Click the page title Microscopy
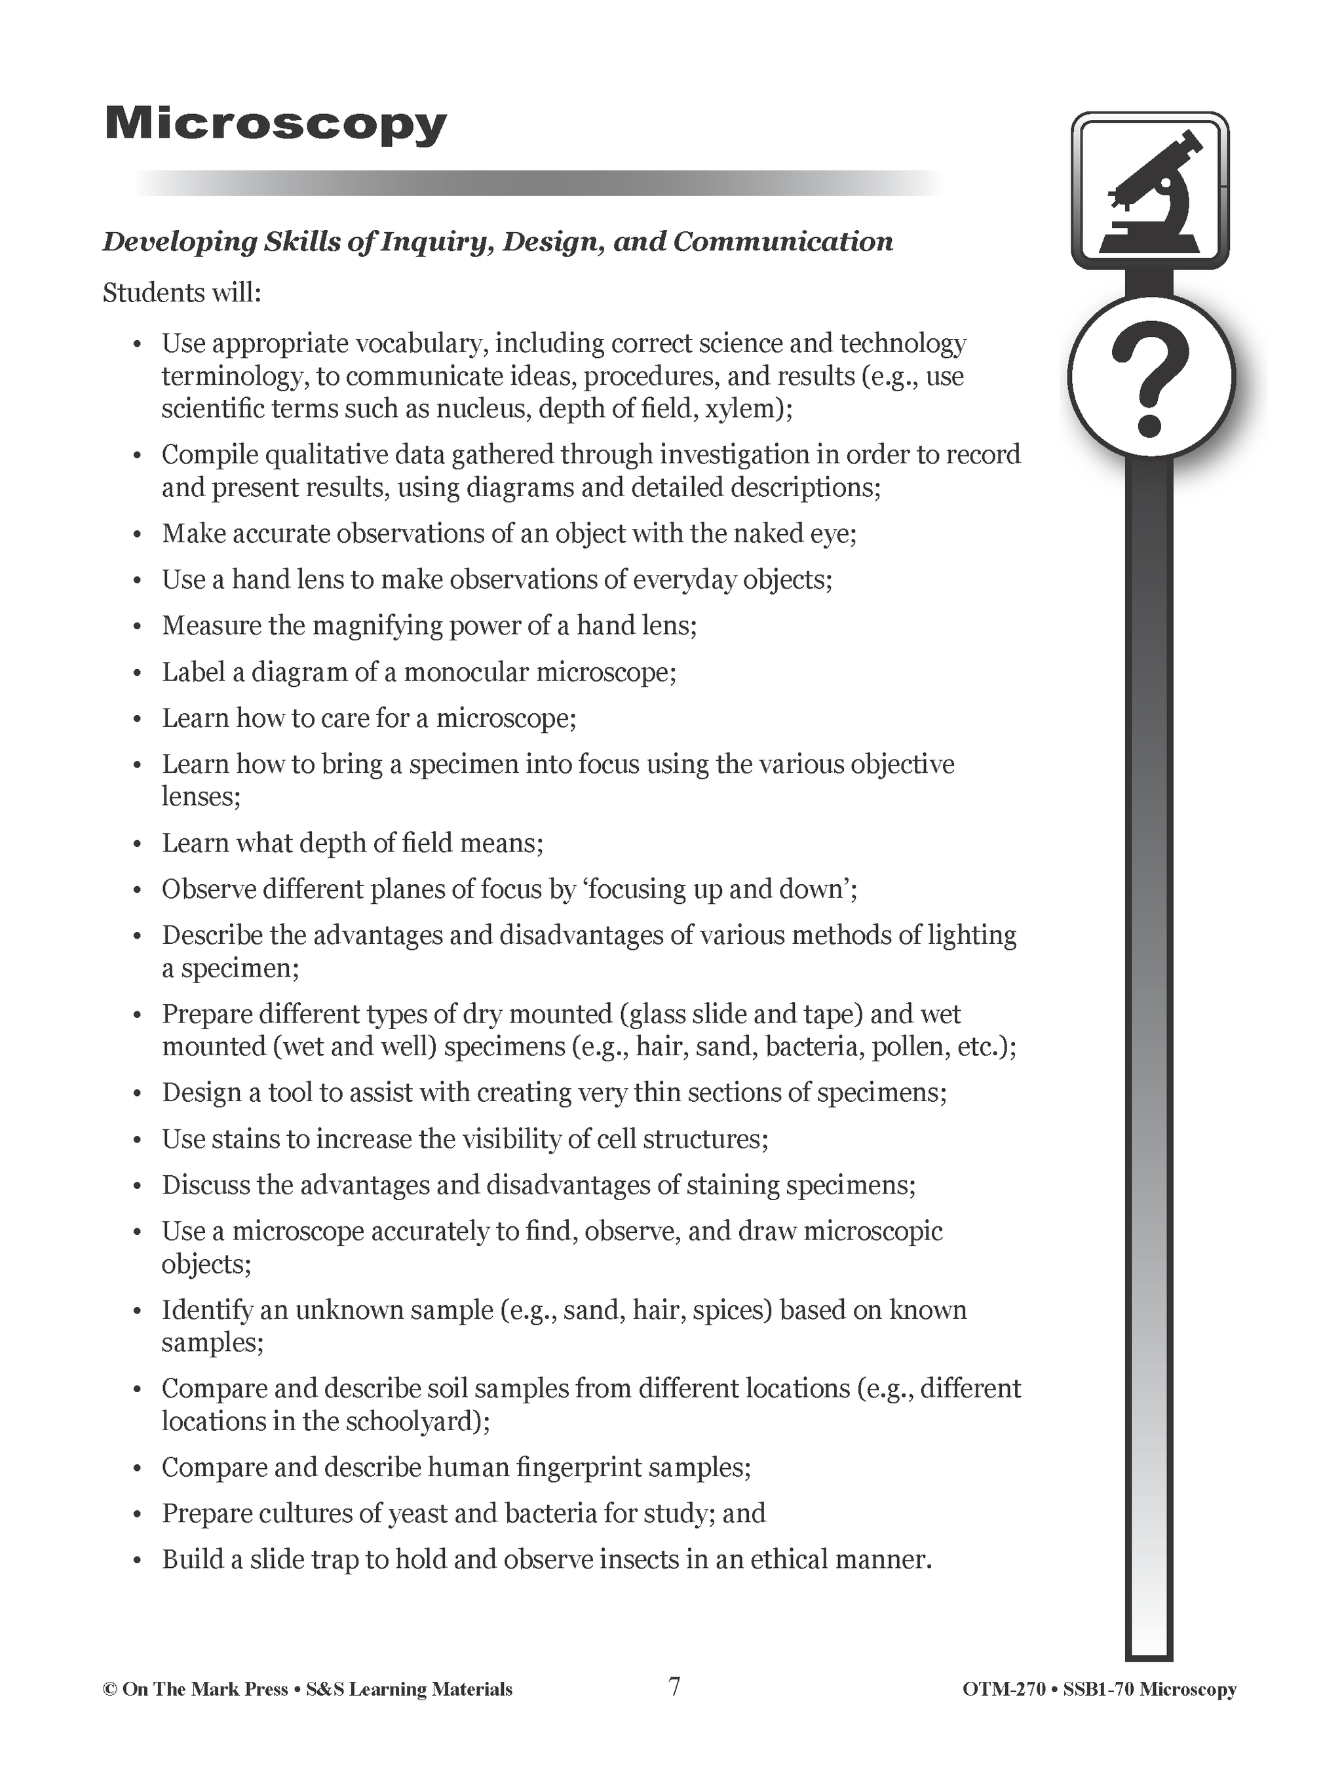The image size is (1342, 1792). (x=275, y=126)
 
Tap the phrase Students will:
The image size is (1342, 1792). (x=182, y=292)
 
